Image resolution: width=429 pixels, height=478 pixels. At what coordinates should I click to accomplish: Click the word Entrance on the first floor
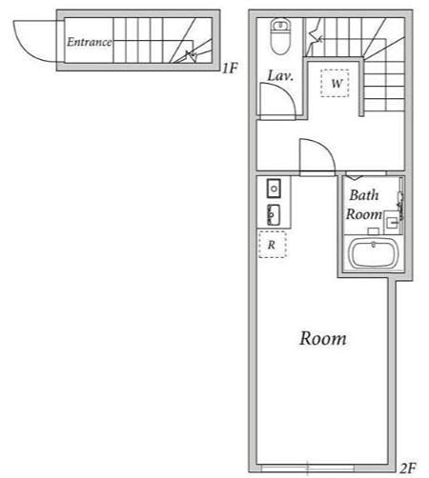[90, 42]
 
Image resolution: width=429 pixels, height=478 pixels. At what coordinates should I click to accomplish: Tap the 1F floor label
[230, 69]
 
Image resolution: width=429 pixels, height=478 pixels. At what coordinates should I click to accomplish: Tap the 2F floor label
[407, 468]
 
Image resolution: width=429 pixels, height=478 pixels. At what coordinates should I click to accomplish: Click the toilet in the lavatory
[280, 36]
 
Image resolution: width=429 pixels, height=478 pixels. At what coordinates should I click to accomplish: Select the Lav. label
[280, 75]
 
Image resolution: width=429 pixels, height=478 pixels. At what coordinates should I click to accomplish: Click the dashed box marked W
[335, 83]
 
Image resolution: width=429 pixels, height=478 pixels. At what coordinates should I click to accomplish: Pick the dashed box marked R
[273, 245]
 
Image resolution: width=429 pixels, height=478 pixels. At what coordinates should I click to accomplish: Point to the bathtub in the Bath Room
[373, 254]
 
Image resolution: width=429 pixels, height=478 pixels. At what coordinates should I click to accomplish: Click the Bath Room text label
[364, 205]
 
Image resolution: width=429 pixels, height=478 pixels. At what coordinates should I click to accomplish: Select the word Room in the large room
[323, 338]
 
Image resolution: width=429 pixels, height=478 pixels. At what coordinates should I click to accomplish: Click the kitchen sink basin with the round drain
[274, 189]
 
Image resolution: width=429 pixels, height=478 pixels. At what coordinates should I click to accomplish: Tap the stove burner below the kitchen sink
[274, 215]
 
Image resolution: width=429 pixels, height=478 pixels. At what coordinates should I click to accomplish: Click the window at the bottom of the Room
[308, 468]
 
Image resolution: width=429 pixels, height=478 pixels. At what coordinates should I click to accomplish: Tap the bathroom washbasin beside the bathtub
[393, 223]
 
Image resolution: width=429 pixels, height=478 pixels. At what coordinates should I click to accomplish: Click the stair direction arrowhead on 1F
[191, 56]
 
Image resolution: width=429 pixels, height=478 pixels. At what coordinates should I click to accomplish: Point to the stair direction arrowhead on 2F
[320, 39]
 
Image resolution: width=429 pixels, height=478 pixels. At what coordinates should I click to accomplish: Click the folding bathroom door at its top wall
[355, 176]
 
